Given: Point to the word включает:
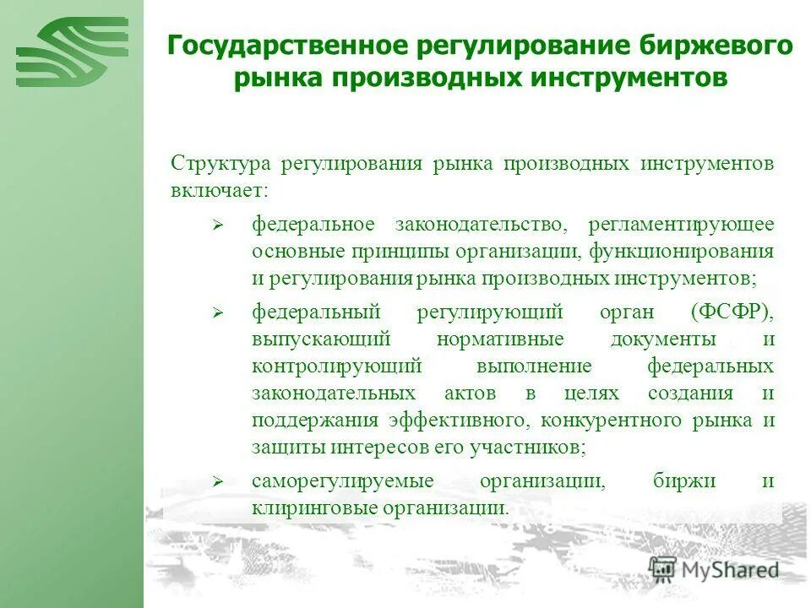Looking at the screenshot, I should [x=219, y=189].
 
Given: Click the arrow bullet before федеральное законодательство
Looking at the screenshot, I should [x=217, y=225].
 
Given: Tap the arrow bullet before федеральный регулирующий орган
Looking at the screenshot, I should [x=217, y=312].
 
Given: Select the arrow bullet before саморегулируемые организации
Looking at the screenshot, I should [x=217, y=482].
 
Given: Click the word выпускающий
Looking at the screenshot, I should [x=320, y=339].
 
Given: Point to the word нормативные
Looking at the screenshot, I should [x=500, y=339].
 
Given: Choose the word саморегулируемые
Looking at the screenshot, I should [x=342, y=481].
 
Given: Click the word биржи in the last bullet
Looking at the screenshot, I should [x=696, y=481].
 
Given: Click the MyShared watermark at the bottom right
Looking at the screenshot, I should [x=714, y=570].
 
